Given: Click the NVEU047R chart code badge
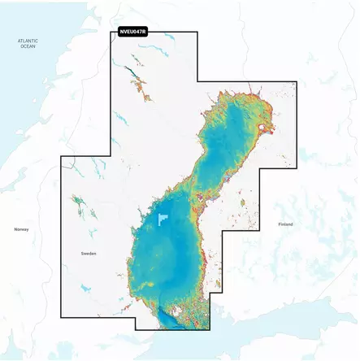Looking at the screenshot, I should (x=139, y=31).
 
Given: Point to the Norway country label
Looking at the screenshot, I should (x=21, y=229).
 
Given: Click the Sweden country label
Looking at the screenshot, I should (x=89, y=254).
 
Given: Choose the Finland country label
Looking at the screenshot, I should (x=284, y=224).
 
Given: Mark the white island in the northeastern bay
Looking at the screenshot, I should (x=262, y=128).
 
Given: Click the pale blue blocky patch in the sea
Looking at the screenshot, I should (x=165, y=220).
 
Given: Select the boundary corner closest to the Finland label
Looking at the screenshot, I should (x=260, y=231).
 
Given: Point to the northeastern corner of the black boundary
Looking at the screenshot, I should (x=296, y=82).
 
